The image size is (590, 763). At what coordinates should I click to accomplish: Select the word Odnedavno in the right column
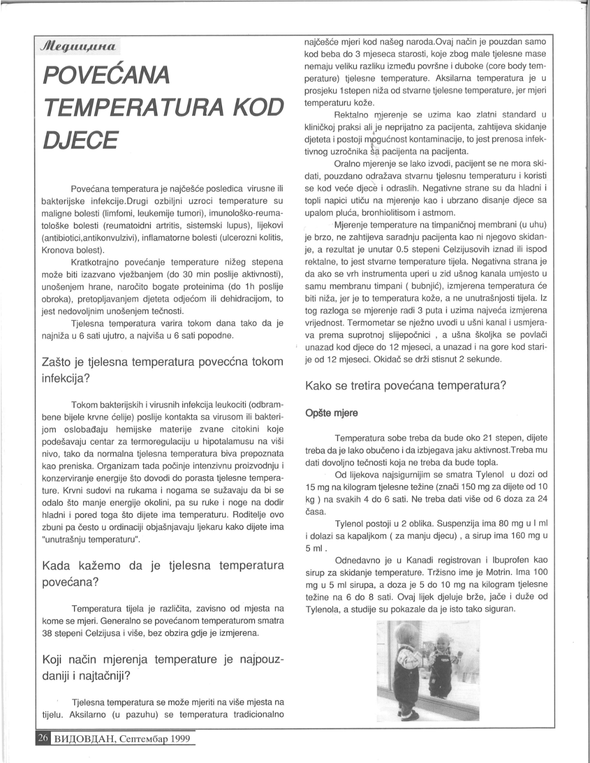[359, 560]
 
